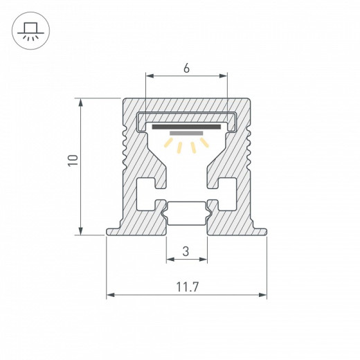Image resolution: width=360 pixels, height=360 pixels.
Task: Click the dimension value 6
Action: click(186, 69)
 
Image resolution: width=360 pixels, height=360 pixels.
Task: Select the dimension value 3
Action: click(186, 251)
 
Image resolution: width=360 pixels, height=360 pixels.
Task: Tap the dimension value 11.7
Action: click(186, 286)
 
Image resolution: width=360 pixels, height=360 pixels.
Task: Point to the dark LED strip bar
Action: click(186, 127)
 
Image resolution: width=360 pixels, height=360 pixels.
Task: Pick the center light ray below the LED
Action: click(186, 147)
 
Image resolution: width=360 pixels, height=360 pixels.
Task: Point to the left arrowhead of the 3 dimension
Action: click(169, 260)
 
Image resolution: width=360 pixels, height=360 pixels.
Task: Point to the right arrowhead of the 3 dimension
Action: click(204, 260)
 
